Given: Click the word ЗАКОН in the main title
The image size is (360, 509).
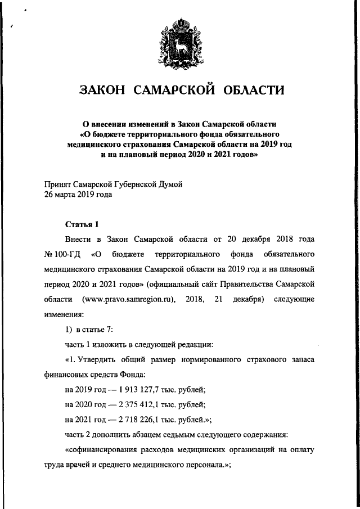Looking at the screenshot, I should click(101, 91).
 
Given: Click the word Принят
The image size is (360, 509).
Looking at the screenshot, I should click(58, 184).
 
